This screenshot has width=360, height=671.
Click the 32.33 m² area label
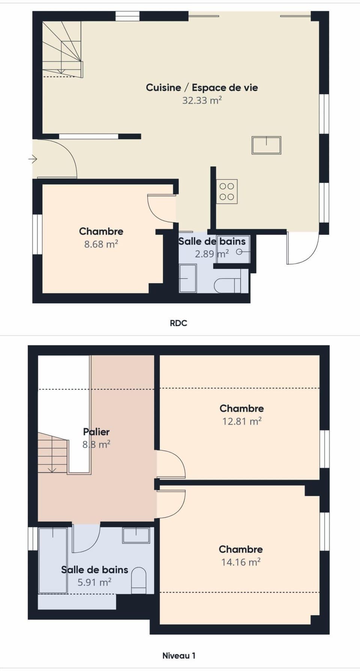click(x=202, y=101)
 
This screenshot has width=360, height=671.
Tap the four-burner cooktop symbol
click(x=226, y=192)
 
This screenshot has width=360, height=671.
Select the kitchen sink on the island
click(x=266, y=145)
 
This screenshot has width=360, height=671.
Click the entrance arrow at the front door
click(x=33, y=159)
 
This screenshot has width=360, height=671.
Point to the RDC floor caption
click(x=178, y=323)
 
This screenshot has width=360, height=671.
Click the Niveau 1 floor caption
click(x=178, y=656)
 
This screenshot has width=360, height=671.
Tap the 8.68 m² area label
click(x=101, y=244)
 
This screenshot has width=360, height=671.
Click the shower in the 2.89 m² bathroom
click(x=188, y=278)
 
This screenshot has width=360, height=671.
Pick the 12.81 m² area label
click(x=241, y=421)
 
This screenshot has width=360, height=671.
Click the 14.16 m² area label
click(x=241, y=562)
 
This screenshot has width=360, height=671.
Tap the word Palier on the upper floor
click(x=96, y=432)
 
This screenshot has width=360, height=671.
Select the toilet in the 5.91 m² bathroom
click(x=139, y=581)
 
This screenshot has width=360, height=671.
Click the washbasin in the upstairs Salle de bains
click(x=136, y=535)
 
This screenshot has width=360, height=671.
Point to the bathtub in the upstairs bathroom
click(x=53, y=560)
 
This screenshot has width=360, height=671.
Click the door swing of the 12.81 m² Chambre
click(x=171, y=464)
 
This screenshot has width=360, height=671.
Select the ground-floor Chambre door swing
click(x=161, y=209)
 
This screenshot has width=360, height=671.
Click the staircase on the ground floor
click(x=62, y=49)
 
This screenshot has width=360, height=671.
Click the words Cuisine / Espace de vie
click(x=202, y=87)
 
